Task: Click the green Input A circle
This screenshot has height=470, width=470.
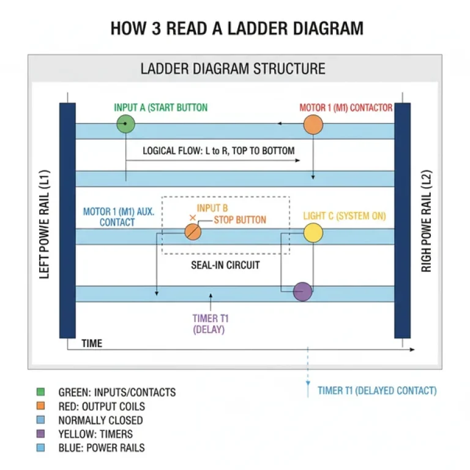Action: coord(125,125)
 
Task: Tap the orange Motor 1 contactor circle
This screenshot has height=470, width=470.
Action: coord(313,125)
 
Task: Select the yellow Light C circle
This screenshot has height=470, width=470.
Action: coord(313,233)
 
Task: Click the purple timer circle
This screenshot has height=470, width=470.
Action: coord(302,292)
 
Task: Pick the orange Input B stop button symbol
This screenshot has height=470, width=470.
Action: coord(193,232)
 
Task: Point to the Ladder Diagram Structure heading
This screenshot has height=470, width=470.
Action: coord(233,68)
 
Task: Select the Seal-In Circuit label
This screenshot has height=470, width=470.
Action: coord(225,265)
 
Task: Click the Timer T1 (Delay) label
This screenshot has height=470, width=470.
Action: coord(210,324)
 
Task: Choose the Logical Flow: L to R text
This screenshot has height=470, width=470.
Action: coord(218,151)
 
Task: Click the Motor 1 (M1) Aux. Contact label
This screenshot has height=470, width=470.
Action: coord(118,217)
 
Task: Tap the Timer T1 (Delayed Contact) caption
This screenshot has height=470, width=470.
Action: coord(377,390)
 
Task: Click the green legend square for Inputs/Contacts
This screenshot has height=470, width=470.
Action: coord(41,392)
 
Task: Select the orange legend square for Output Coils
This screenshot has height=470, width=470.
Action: coord(41,406)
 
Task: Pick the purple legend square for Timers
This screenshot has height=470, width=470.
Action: coord(41,434)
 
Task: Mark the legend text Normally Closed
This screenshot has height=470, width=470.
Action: coord(100,420)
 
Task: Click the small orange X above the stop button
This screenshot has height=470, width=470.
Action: coord(193,218)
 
